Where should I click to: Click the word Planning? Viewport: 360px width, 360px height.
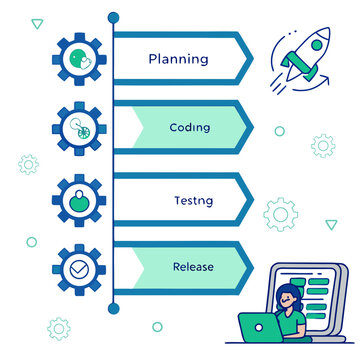178,58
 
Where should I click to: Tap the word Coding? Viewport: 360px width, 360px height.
190,127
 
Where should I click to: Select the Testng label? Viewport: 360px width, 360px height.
193,200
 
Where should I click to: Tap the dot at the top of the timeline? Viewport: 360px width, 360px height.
113,17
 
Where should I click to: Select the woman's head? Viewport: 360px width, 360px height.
291,297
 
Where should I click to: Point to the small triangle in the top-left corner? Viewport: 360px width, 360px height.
37,22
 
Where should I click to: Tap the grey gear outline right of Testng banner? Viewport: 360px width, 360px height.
281,213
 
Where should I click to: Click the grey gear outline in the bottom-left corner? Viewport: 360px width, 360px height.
59,326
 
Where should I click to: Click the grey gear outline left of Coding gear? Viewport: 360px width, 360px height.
28,164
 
